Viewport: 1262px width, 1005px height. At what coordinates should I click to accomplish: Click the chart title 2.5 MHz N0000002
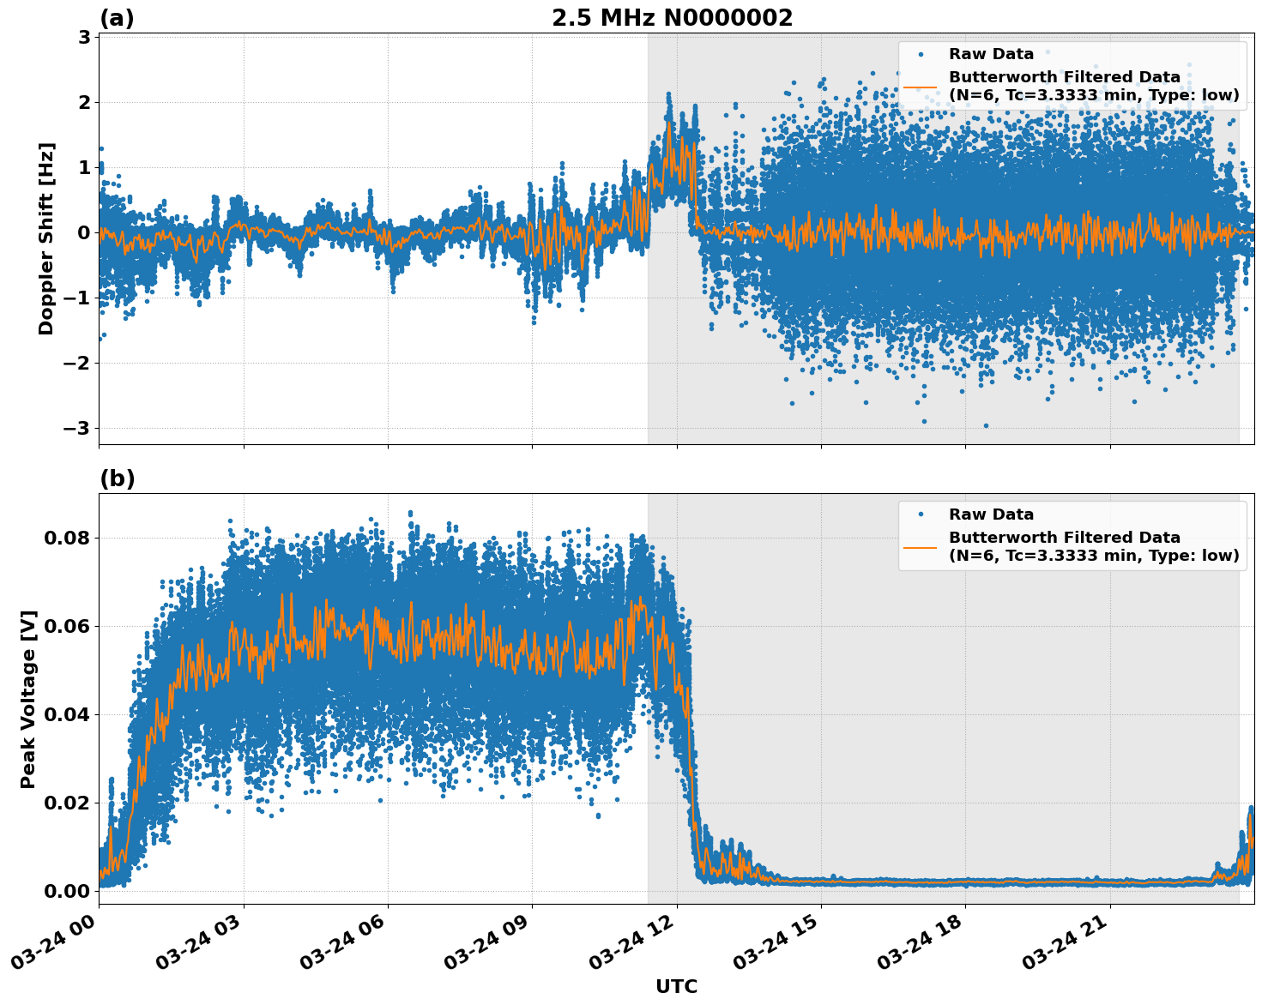pos(672,18)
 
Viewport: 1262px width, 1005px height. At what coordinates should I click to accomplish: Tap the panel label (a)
pos(117,18)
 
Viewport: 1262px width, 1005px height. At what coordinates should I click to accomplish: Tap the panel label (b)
pos(117,478)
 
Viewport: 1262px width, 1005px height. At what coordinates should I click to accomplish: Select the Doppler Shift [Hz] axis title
pos(46,238)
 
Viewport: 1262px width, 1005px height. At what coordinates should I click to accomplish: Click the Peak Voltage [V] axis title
pos(28,699)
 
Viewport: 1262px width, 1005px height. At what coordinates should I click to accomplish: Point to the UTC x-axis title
pos(676,986)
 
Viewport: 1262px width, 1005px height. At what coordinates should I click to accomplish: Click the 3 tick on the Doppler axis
pos(84,37)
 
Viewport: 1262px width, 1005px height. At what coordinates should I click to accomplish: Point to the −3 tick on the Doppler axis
pos(77,428)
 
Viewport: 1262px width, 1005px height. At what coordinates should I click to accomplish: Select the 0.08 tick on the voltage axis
pos(67,538)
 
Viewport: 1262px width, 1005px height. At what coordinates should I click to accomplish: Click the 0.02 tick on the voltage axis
pos(67,803)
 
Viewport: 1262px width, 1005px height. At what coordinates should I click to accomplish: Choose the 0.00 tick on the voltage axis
pos(67,891)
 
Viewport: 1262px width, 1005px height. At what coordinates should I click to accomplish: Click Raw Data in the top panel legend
pos(991,54)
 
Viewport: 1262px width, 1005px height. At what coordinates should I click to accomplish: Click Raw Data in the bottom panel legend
pos(991,515)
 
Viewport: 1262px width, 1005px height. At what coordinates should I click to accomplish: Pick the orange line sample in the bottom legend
pos(920,546)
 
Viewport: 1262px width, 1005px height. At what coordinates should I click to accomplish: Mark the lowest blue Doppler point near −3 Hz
pos(986,425)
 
